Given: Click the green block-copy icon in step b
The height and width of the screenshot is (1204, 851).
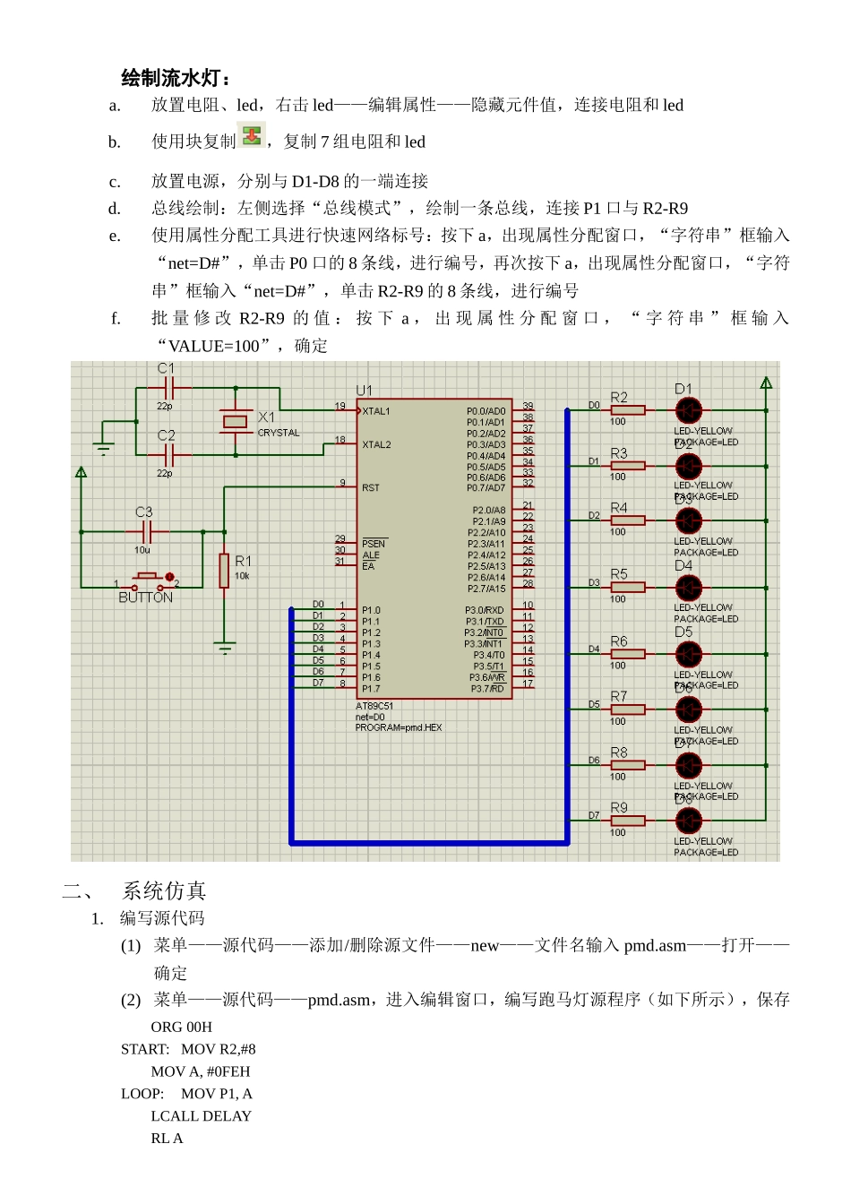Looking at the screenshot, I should click(x=253, y=136).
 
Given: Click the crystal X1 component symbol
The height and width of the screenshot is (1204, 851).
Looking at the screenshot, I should click(x=236, y=421).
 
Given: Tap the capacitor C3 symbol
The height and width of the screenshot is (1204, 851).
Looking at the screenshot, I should click(x=148, y=532).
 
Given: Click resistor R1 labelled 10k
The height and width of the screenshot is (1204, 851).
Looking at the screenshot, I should click(x=224, y=571).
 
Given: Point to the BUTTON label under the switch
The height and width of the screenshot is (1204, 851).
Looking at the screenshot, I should click(x=145, y=598).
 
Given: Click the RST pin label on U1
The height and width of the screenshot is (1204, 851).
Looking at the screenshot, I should click(x=371, y=488).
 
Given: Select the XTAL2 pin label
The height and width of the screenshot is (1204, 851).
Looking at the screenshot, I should click(x=376, y=444).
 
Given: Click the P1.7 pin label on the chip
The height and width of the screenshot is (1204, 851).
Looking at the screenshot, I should click(x=371, y=689).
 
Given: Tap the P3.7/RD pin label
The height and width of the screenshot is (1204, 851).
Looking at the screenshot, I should click(x=488, y=689).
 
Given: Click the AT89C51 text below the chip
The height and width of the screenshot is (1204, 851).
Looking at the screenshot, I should click(x=374, y=706).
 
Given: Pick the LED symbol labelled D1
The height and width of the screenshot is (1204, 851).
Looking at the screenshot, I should click(x=688, y=410).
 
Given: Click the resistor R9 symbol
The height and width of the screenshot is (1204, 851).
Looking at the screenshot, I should click(x=628, y=821).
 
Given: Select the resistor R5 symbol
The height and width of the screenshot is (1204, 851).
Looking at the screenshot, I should click(x=628, y=588).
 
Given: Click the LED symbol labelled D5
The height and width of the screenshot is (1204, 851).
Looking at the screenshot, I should click(x=688, y=654).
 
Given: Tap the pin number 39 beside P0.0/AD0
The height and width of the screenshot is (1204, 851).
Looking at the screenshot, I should click(x=528, y=406).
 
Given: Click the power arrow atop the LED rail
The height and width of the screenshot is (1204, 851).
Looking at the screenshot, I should click(x=766, y=383).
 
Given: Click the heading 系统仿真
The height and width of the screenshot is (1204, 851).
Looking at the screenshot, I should click(x=164, y=890).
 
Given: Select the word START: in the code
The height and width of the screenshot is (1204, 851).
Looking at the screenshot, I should click(x=145, y=1049).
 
